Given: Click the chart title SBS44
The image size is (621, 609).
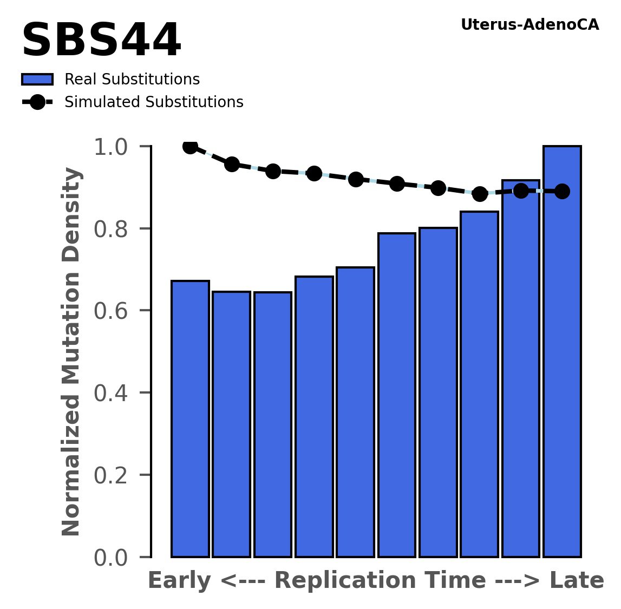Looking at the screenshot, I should pyautogui.click(x=101, y=41).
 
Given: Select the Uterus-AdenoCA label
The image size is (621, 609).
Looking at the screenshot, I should pyautogui.click(x=530, y=25).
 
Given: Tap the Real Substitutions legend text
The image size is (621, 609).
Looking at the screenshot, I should pyautogui.click(x=132, y=80).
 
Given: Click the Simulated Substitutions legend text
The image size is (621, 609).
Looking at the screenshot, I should pyautogui.click(x=154, y=102).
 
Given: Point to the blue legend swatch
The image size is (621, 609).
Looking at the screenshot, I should pyautogui.click(x=37, y=80).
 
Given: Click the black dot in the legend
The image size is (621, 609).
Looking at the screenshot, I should pyautogui.click(x=37, y=102).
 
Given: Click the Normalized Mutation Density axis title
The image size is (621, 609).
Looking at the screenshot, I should pyautogui.click(x=71, y=351).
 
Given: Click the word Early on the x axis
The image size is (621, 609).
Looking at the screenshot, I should pyautogui.click(x=179, y=581).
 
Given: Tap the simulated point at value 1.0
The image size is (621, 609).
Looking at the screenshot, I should pyautogui.click(x=190, y=146).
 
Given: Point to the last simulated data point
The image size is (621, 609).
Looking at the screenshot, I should pyautogui.click(x=562, y=191).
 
